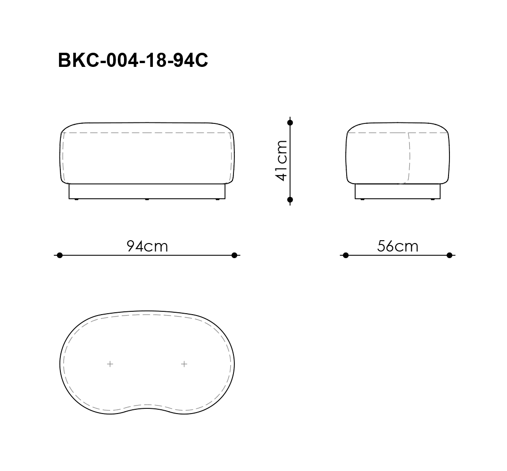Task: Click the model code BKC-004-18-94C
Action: point(133,60)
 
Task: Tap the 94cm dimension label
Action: point(147,246)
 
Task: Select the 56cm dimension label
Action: point(398,246)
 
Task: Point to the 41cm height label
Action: point(281,161)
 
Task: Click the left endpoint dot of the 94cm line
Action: point(59,255)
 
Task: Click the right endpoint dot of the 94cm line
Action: point(234,255)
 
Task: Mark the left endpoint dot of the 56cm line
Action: point(346,255)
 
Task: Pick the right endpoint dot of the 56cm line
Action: point(449,255)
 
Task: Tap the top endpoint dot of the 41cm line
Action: point(290,122)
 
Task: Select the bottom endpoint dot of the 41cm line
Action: point(290,200)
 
